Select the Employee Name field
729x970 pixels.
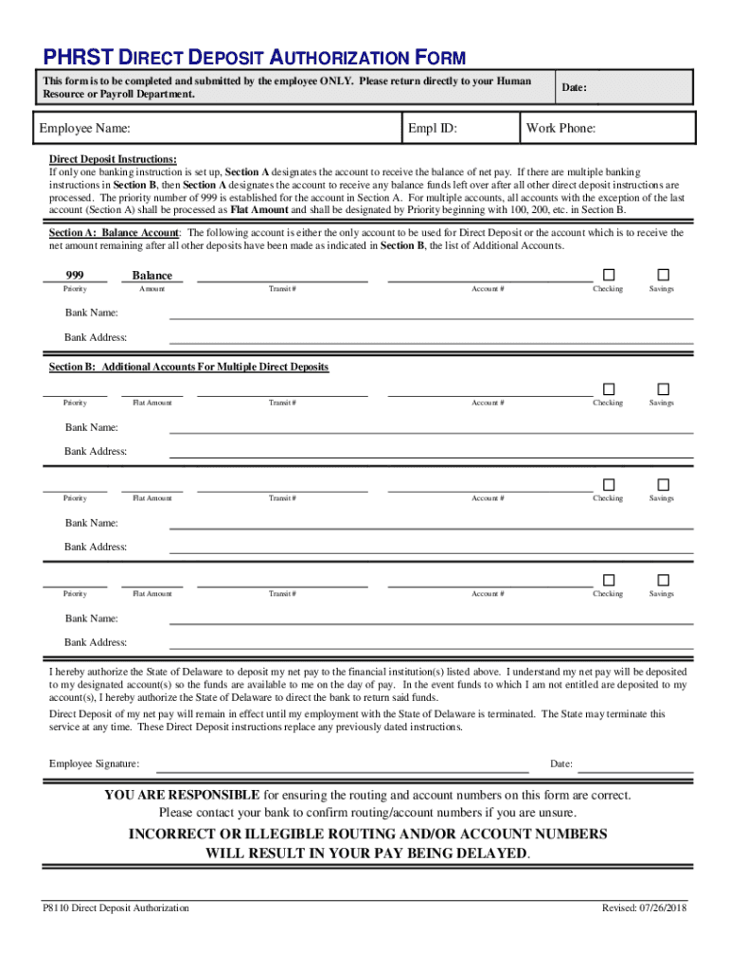click(265, 128)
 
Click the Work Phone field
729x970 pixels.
click(644, 128)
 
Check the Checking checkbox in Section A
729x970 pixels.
click(609, 274)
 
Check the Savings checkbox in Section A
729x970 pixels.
click(663, 274)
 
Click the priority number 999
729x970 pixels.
click(75, 275)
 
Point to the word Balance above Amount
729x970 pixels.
click(152, 276)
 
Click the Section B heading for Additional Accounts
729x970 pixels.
click(189, 367)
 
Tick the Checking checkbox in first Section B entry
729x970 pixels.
click(609, 388)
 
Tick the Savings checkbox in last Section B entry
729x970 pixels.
click(663, 579)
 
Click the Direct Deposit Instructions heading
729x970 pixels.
click(113, 160)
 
